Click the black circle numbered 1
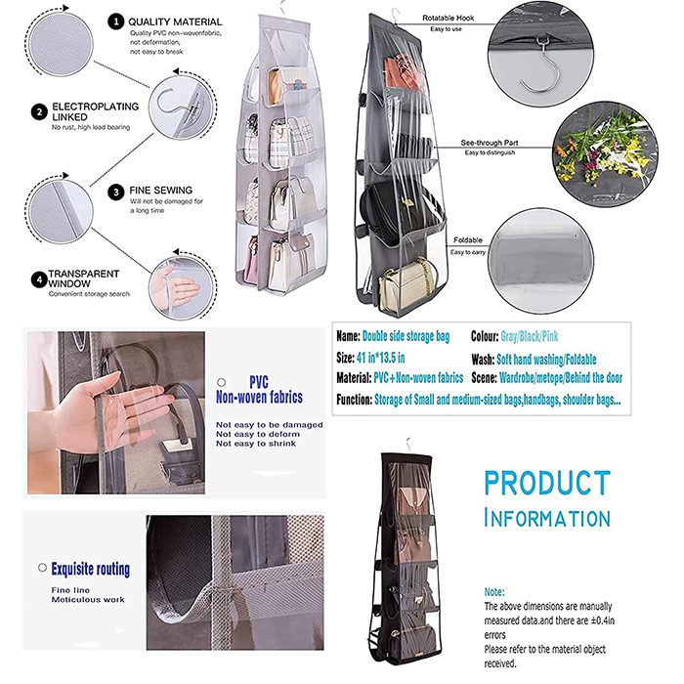pos(115,21)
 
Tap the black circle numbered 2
pos(39,112)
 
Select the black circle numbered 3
pos(116,192)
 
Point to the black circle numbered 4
pos(39,279)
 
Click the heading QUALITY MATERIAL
pos(175,21)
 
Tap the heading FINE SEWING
pos(161,191)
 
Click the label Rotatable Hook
pos(448,18)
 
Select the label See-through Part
pos(490,143)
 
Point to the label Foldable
pos(468,240)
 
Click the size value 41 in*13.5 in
pos(380,359)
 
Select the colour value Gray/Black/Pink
pos(530,336)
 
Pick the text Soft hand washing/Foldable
pos(546,360)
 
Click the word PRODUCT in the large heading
pos(547,483)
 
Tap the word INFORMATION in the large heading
pos(547,518)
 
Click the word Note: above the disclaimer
pos(494,592)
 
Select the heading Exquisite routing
pos(90,570)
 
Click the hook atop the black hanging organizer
pos(408,445)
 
